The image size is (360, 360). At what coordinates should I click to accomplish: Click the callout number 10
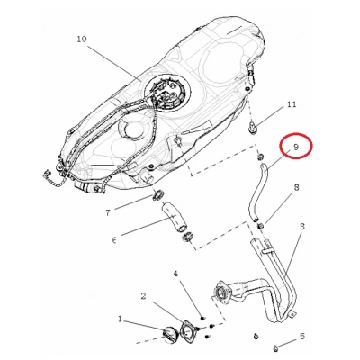[82, 40]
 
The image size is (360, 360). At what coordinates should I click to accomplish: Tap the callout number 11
[292, 104]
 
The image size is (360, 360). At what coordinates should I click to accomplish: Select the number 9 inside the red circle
[296, 147]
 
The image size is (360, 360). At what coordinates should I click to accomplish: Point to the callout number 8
[296, 188]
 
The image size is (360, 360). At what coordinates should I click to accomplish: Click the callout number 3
[301, 227]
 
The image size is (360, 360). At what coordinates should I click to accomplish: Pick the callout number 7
[108, 212]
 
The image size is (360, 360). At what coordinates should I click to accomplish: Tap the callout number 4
[175, 274]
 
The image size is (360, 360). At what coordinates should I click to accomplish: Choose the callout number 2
[143, 296]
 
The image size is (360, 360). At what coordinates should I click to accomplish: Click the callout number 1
[121, 319]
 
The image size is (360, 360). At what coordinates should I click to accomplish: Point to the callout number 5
[301, 337]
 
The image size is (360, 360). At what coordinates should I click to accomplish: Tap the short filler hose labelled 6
[175, 218]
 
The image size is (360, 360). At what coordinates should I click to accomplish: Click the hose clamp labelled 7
[157, 195]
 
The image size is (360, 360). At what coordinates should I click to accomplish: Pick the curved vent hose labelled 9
[256, 193]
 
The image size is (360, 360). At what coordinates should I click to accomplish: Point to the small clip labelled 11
[253, 128]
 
